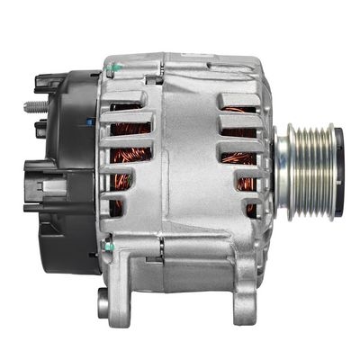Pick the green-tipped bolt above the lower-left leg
107,244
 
